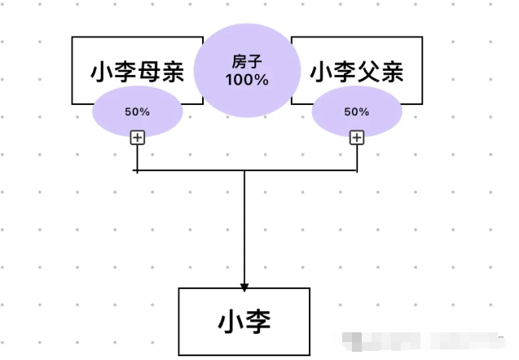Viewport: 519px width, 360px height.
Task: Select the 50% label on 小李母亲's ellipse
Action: pos(137,112)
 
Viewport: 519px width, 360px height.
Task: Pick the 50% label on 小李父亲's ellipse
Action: pos(357,112)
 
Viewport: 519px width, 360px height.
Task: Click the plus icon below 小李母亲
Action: pos(137,137)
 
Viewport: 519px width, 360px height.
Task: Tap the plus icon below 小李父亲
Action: pos(357,137)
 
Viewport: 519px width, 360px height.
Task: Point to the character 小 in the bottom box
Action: pos(231,320)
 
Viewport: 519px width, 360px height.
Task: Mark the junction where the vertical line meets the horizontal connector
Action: pos(244,171)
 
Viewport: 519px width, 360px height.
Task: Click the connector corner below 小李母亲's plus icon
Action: pos(137,171)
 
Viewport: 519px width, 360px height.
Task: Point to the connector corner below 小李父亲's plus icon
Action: pos(357,171)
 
